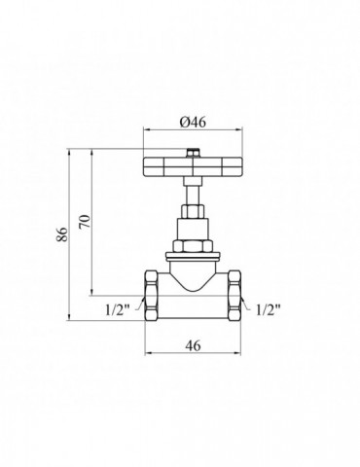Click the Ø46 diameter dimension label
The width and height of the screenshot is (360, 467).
(193, 123)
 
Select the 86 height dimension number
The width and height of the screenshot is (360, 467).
(62, 233)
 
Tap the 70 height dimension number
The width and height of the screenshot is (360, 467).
(85, 221)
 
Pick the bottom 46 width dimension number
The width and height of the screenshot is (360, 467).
(193, 345)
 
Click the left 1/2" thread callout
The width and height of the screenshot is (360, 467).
(117, 310)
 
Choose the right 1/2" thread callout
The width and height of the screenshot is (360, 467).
(268, 310)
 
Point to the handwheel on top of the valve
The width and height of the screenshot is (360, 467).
(193, 167)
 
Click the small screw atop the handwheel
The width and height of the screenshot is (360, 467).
(193, 153)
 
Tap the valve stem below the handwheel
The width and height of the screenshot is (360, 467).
(193, 191)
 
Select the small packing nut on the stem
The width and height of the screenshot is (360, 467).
(193, 211)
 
